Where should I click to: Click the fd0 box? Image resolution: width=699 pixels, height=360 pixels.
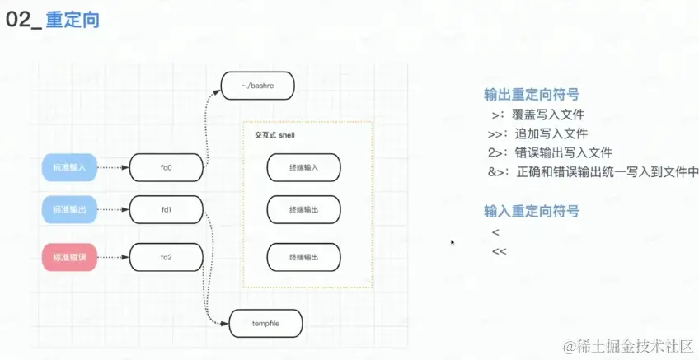pyautogui.click(x=166, y=168)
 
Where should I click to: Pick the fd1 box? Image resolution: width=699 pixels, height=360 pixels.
pyautogui.click(x=166, y=210)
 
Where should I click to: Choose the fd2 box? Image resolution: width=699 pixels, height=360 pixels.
pyautogui.click(x=166, y=258)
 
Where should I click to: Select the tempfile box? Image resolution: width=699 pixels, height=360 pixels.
pyautogui.click(x=266, y=324)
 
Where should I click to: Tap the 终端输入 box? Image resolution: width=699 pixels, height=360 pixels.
pyautogui.click(x=303, y=168)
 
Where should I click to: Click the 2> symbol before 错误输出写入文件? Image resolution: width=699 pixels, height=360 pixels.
pyautogui.click(x=497, y=152)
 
